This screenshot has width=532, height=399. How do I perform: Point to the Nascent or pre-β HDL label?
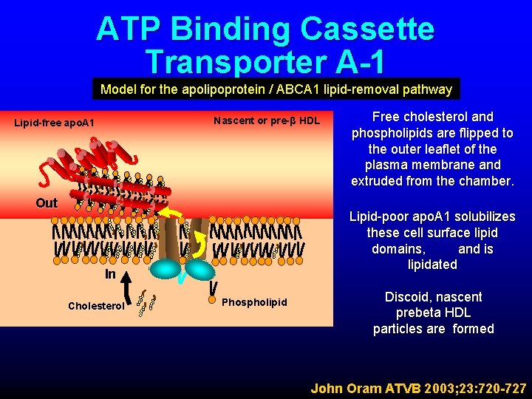point(267,120)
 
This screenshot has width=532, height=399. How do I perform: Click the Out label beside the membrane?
point(47,203)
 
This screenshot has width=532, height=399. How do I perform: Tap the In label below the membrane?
point(110,273)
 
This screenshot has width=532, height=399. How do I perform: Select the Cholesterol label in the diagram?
point(96,305)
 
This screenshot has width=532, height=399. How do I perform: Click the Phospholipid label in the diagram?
point(254,302)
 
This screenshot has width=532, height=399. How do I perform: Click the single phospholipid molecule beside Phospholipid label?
point(214,286)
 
